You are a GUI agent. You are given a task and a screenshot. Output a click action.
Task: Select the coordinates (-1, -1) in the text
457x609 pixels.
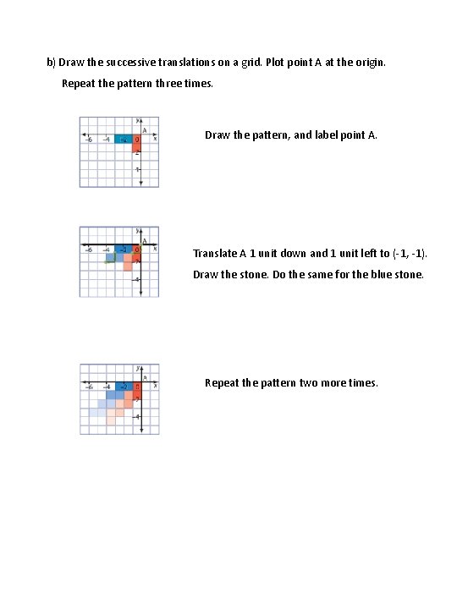coord(415,254)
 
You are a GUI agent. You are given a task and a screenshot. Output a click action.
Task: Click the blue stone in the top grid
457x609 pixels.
coord(124,139)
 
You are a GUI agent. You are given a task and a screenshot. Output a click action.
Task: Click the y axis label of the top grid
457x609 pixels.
coord(136,120)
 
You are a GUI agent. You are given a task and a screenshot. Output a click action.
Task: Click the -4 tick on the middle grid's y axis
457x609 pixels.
coord(137,279)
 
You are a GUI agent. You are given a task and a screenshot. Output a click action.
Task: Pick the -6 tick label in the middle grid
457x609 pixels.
coord(87,250)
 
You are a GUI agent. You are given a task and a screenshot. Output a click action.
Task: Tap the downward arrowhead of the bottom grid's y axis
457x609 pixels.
coord(141,430)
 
